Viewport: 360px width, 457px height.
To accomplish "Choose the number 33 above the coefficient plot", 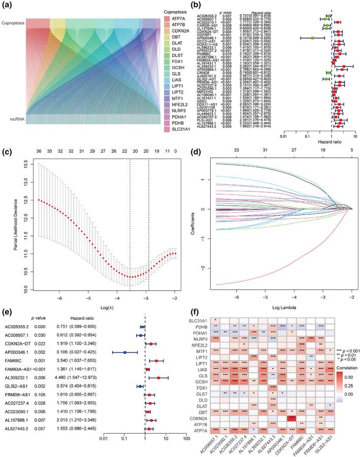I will (x=236, y=151).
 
